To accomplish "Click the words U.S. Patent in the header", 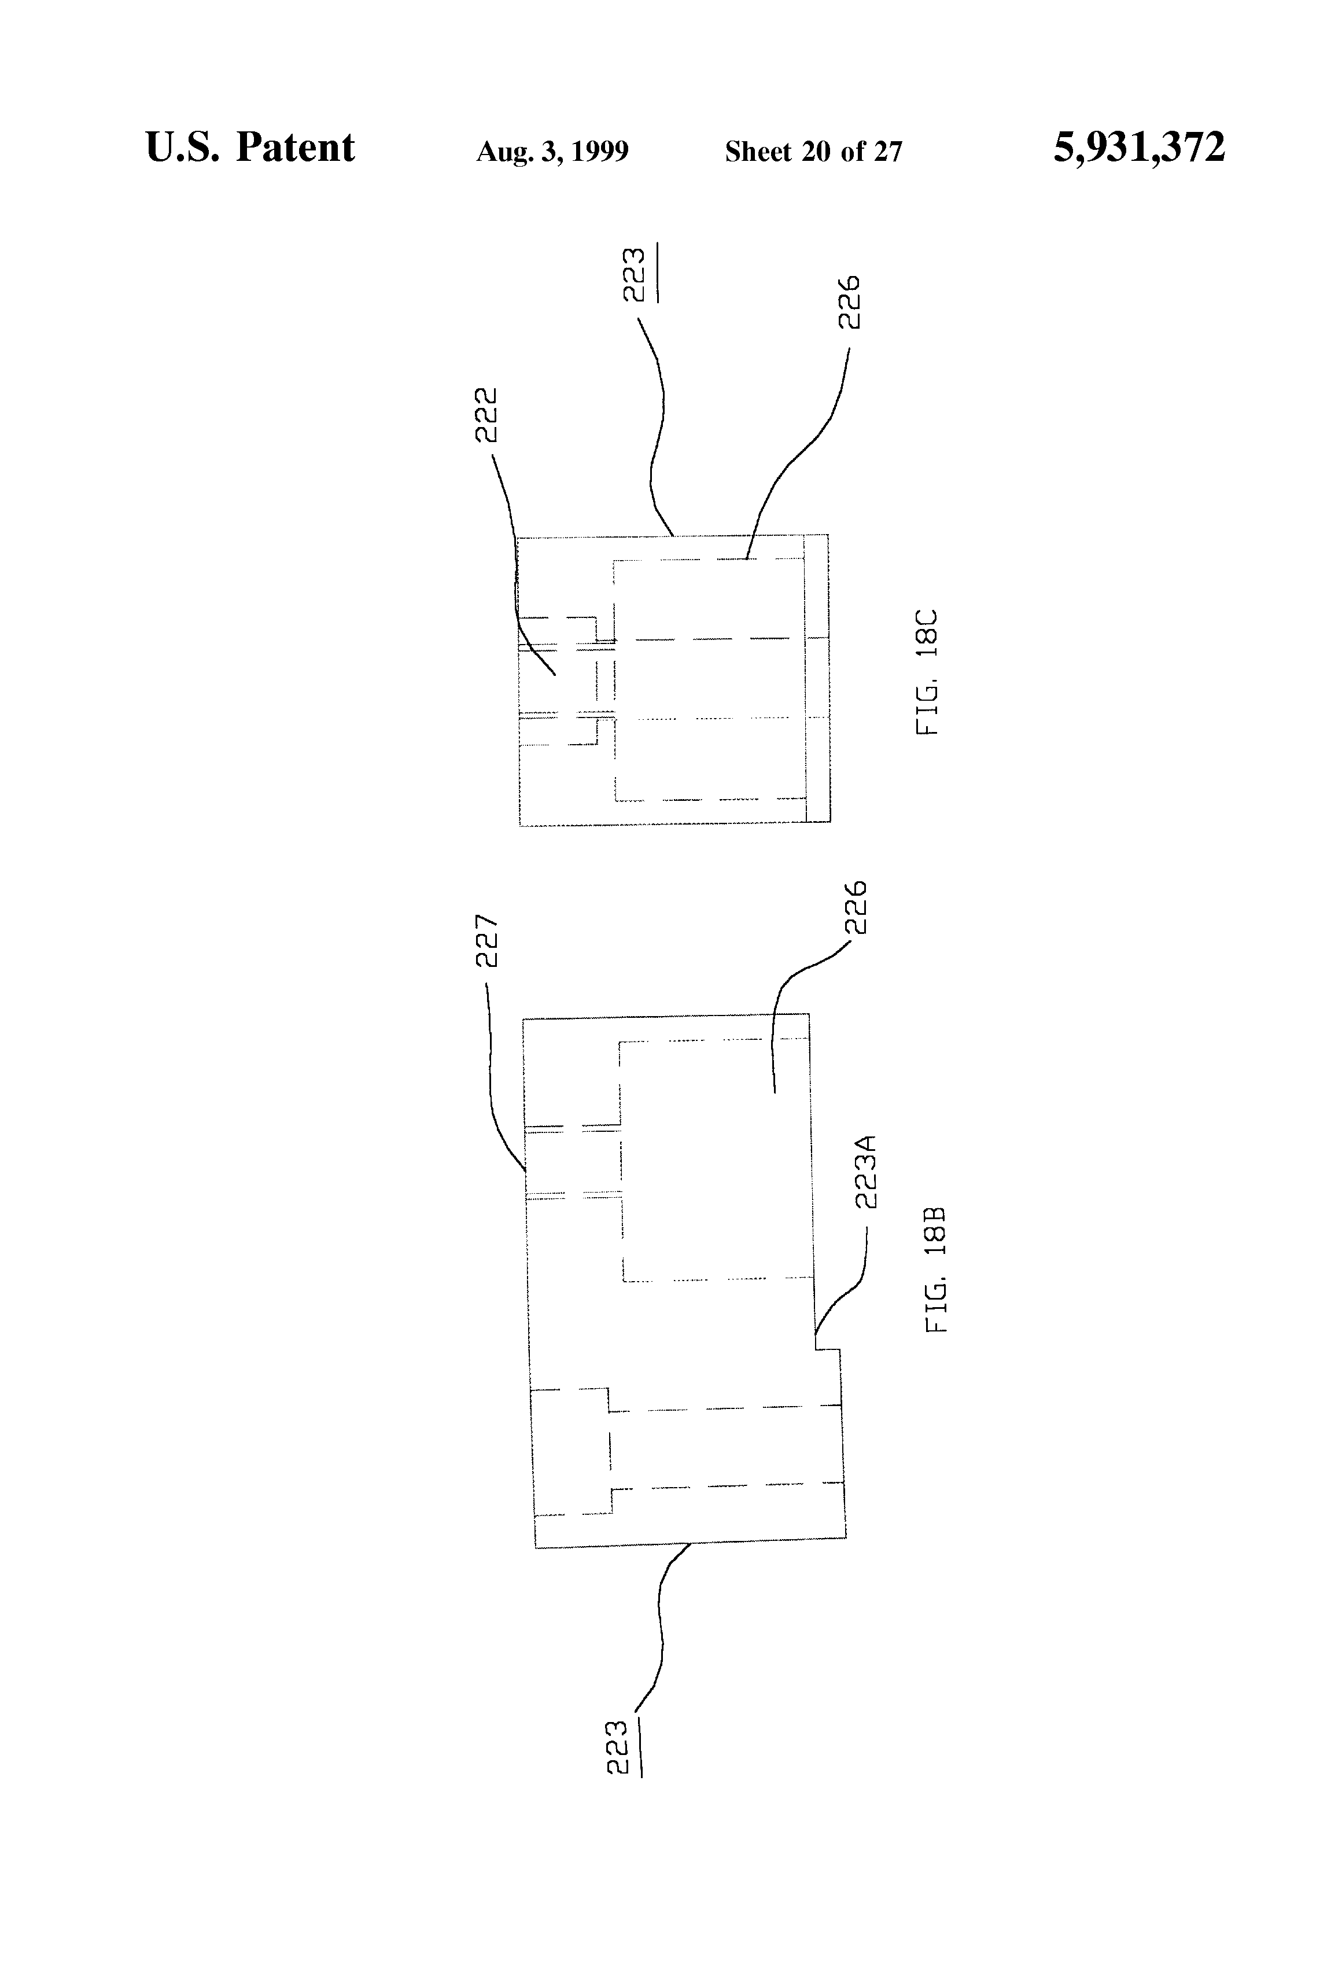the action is click(250, 148).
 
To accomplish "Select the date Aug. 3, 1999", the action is click(552, 152).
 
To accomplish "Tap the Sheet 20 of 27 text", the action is click(813, 152).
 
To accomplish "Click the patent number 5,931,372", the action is click(1138, 148).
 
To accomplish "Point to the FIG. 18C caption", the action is click(927, 671).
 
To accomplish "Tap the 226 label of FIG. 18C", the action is click(849, 301).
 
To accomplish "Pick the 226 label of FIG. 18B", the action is click(855, 907).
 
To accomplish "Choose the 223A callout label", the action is click(865, 1171).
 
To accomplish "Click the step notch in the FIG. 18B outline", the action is click(828, 1348).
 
